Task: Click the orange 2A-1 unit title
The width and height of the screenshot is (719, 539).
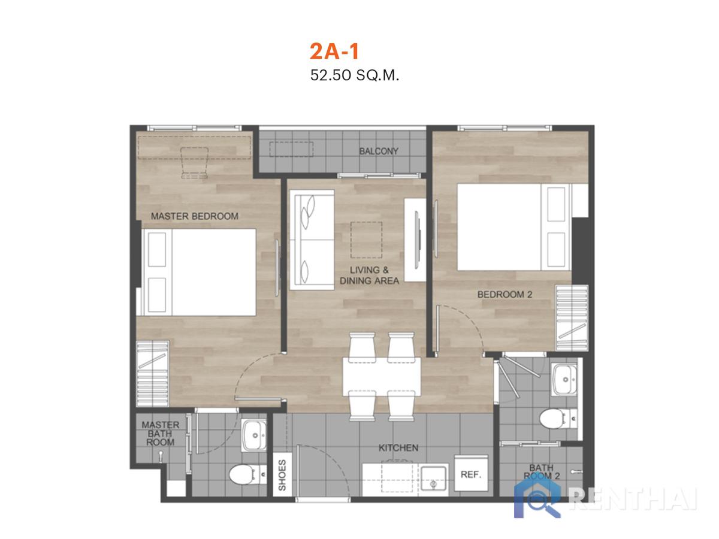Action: pyautogui.click(x=334, y=52)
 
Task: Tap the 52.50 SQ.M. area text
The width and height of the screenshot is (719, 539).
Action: pyautogui.click(x=355, y=75)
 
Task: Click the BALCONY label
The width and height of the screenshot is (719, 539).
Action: pyautogui.click(x=378, y=151)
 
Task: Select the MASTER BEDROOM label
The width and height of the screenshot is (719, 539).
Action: pyautogui.click(x=195, y=216)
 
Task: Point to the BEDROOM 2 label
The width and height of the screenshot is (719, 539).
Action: pyautogui.click(x=504, y=295)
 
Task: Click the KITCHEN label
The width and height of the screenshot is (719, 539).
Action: pyautogui.click(x=398, y=448)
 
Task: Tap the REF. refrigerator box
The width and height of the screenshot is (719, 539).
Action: pyautogui.click(x=471, y=473)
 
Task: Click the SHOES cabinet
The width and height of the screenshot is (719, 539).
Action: pyautogui.click(x=282, y=474)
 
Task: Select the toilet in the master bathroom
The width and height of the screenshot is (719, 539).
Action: pyautogui.click(x=247, y=474)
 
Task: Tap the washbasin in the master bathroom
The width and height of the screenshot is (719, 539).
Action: pyautogui.click(x=254, y=435)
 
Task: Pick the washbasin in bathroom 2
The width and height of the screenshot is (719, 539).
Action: pyautogui.click(x=565, y=380)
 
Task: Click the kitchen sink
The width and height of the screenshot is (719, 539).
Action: pyautogui.click(x=434, y=478)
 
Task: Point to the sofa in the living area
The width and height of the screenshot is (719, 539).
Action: pyautogui.click(x=312, y=240)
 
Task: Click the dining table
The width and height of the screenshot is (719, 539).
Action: pyautogui.click(x=382, y=377)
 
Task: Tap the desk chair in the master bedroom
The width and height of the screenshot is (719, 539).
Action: pyautogui.click(x=195, y=163)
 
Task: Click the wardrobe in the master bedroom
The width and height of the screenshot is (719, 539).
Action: pyautogui.click(x=152, y=374)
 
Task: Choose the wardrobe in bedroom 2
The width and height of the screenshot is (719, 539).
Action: pyautogui.click(x=572, y=318)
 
